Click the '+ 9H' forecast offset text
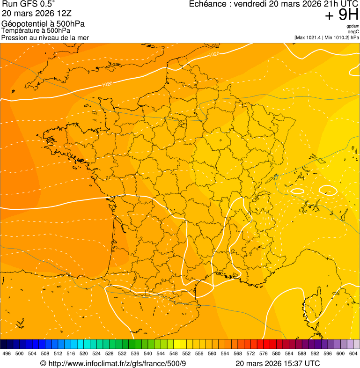coord(342,15)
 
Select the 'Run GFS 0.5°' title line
coord(29,5)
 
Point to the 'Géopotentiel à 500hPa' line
coord(43,24)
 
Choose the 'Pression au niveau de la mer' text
coord(45,37)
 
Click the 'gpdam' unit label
coord(353,26)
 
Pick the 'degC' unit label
coord(353,32)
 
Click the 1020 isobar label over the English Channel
coord(107,84)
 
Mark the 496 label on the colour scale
coord(7,354)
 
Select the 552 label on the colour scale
coord(186,354)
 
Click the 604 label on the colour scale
coord(353,354)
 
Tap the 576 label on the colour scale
coord(263,354)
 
